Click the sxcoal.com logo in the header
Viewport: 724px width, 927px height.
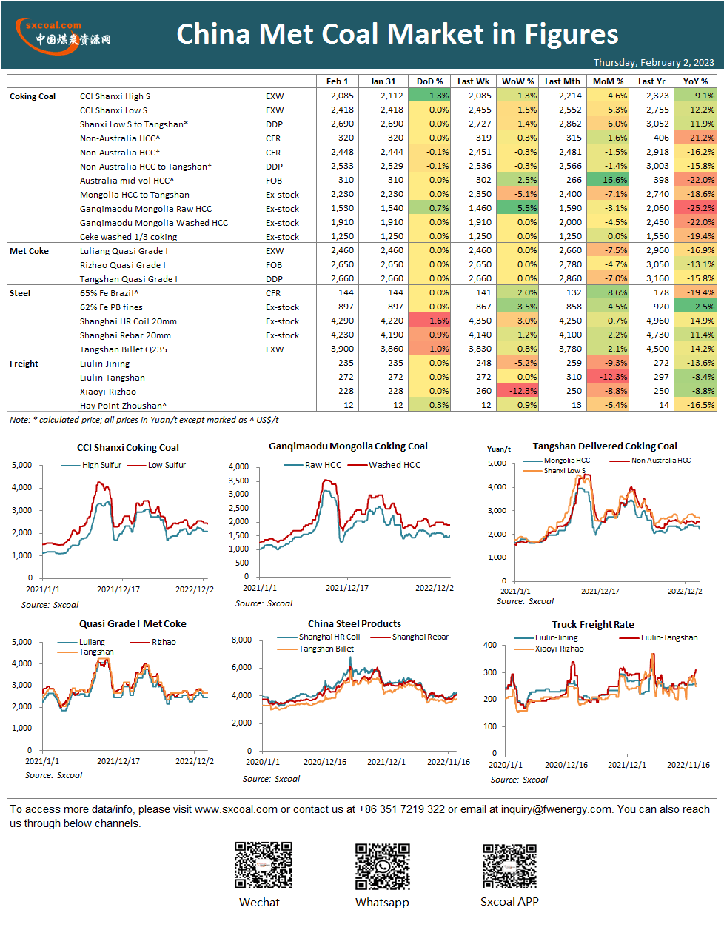[x=63, y=36]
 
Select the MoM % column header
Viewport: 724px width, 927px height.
[x=608, y=81]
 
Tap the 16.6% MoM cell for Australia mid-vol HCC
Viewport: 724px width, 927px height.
[x=609, y=180]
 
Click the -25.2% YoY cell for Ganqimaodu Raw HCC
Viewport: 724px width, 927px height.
[x=695, y=208]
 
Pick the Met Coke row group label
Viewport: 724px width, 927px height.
[x=29, y=251]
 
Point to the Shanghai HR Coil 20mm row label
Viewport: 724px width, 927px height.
[x=128, y=321]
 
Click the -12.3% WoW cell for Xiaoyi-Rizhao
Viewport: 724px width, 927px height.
[x=517, y=391]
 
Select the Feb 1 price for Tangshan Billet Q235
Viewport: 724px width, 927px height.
[x=342, y=349]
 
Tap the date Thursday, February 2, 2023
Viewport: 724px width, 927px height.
[x=654, y=62]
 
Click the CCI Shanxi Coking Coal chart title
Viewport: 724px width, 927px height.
[x=128, y=447]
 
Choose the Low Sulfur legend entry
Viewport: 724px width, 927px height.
[x=156, y=465]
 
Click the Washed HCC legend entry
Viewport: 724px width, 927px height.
[x=384, y=465]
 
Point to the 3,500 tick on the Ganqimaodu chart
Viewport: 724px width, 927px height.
[x=238, y=481]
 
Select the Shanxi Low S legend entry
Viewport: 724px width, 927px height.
[x=554, y=471]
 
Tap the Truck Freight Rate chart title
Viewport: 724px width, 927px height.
[x=593, y=625]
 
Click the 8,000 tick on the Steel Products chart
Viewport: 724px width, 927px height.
[x=241, y=640]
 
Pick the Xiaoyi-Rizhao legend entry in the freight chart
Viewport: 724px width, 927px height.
[x=549, y=649]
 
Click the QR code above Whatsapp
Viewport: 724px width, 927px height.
[x=383, y=866]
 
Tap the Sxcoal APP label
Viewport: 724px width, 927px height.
[x=509, y=901]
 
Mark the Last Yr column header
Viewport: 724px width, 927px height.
[x=651, y=81]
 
